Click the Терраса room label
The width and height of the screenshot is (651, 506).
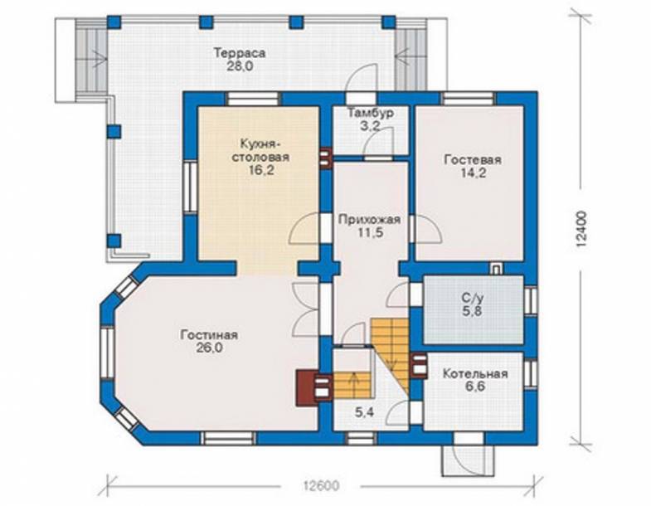240,53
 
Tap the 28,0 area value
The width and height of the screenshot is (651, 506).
240,66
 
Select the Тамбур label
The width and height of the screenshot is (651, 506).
371,113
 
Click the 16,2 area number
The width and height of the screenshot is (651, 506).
261,170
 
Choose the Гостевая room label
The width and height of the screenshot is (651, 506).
473,160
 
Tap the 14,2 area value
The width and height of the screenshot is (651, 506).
474,173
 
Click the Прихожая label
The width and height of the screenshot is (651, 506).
369,219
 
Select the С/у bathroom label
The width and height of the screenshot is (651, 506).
472,298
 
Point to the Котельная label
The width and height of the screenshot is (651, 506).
475,373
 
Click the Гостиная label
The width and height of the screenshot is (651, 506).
209,334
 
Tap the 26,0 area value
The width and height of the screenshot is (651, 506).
210,348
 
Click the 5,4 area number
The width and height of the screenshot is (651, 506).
364,412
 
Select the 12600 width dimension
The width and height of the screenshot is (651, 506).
321,485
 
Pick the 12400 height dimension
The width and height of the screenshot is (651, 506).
582,230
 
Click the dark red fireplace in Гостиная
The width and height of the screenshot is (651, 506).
307,387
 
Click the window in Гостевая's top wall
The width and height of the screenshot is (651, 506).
469,99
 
